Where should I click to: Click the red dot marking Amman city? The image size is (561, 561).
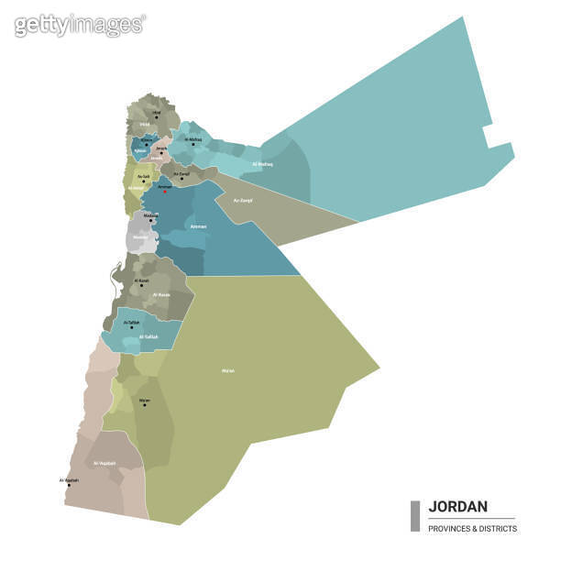tap(164, 191)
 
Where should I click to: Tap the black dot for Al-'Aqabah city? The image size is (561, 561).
tap(69, 485)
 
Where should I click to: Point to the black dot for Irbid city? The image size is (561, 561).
tap(156, 116)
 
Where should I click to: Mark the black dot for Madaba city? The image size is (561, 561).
tap(151, 220)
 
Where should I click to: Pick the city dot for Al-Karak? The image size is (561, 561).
tap(142, 285)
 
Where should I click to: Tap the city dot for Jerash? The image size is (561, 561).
tap(162, 152)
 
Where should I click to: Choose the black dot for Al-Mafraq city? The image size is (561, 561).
tap(192, 144)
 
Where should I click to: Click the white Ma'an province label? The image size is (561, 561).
tap(228, 370)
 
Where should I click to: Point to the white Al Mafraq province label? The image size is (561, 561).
tap(262, 164)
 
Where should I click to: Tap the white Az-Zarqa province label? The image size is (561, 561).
tap(243, 200)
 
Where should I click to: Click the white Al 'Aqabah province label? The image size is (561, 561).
tap(104, 463)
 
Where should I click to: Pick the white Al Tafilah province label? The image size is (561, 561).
tap(148, 337)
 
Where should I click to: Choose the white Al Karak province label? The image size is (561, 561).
tap(161, 294)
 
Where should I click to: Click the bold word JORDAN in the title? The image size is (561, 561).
tap(458, 506)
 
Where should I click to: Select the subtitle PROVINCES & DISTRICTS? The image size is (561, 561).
tap(472, 528)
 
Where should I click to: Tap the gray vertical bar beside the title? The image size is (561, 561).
tap(415, 516)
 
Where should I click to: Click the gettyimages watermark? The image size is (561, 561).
tap(80, 25)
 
